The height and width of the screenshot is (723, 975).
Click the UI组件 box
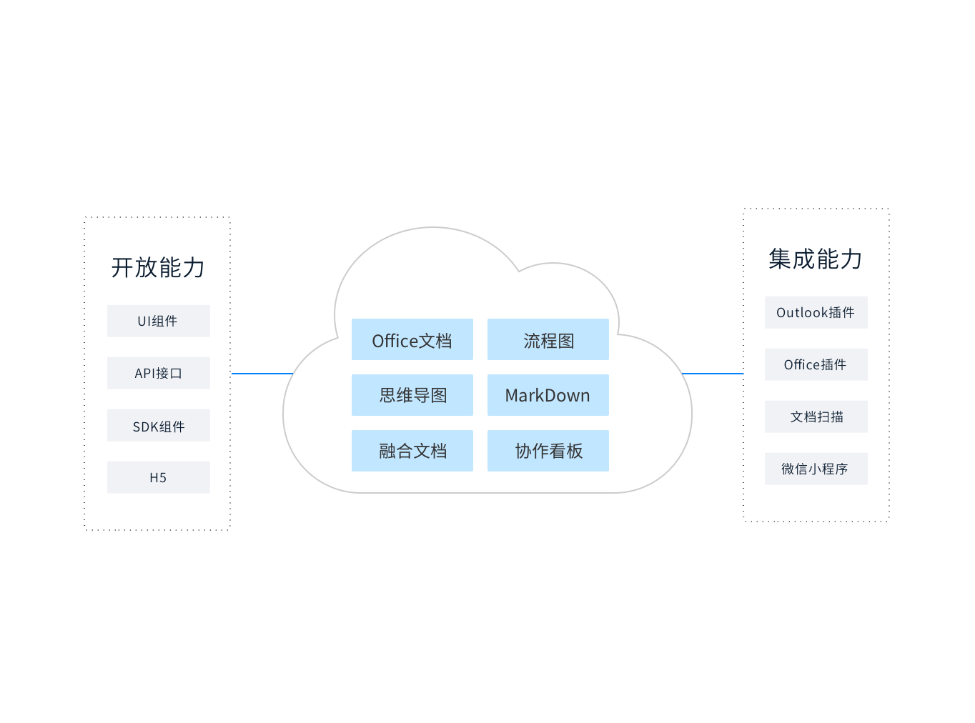pyautogui.click(x=158, y=321)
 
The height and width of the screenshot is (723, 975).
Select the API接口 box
pyautogui.click(x=158, y=373)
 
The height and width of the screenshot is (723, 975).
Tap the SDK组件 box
pyautogui.click(x=158, y=425)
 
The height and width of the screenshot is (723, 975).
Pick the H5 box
pyautogui.click(x=158, y=477)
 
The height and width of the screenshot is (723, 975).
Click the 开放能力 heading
pyautogui.click(x=158, y=268)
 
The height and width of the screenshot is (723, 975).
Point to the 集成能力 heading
pyautogui.click(x=816, y=259)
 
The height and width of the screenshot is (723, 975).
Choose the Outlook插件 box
pyautogui.click(x=816, y=312)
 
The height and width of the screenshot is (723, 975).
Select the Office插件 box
pyautogui.click(x=816, y=364)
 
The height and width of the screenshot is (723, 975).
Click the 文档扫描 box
pyautogui.click(x=816, y=417)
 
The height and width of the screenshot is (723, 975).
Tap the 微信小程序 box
pyautogui.click(x=816, y=469)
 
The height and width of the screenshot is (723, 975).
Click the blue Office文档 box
pyautogui.click(x=412, y=339)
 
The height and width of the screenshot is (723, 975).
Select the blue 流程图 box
pyautogui.click(x=548, y=339)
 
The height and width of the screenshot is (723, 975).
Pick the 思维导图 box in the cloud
pyautogui.click(x=412, y=395)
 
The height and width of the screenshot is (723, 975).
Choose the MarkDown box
pyautogui.click(x=548, y=395)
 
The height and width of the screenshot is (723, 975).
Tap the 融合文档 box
pyautogui.click(x=412, y=451)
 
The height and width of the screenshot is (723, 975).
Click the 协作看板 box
pyautogui.click(x=548, y=451)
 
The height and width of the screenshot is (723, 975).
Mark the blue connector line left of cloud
pyautogui.click(x=262, y=374)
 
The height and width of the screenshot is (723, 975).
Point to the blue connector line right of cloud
pyautogui.click(x=713, y=374)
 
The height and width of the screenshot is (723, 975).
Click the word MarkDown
pyautogui.click(x=548, y=396)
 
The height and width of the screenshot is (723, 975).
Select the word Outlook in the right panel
pyautogui.click(x=801, y=313)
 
